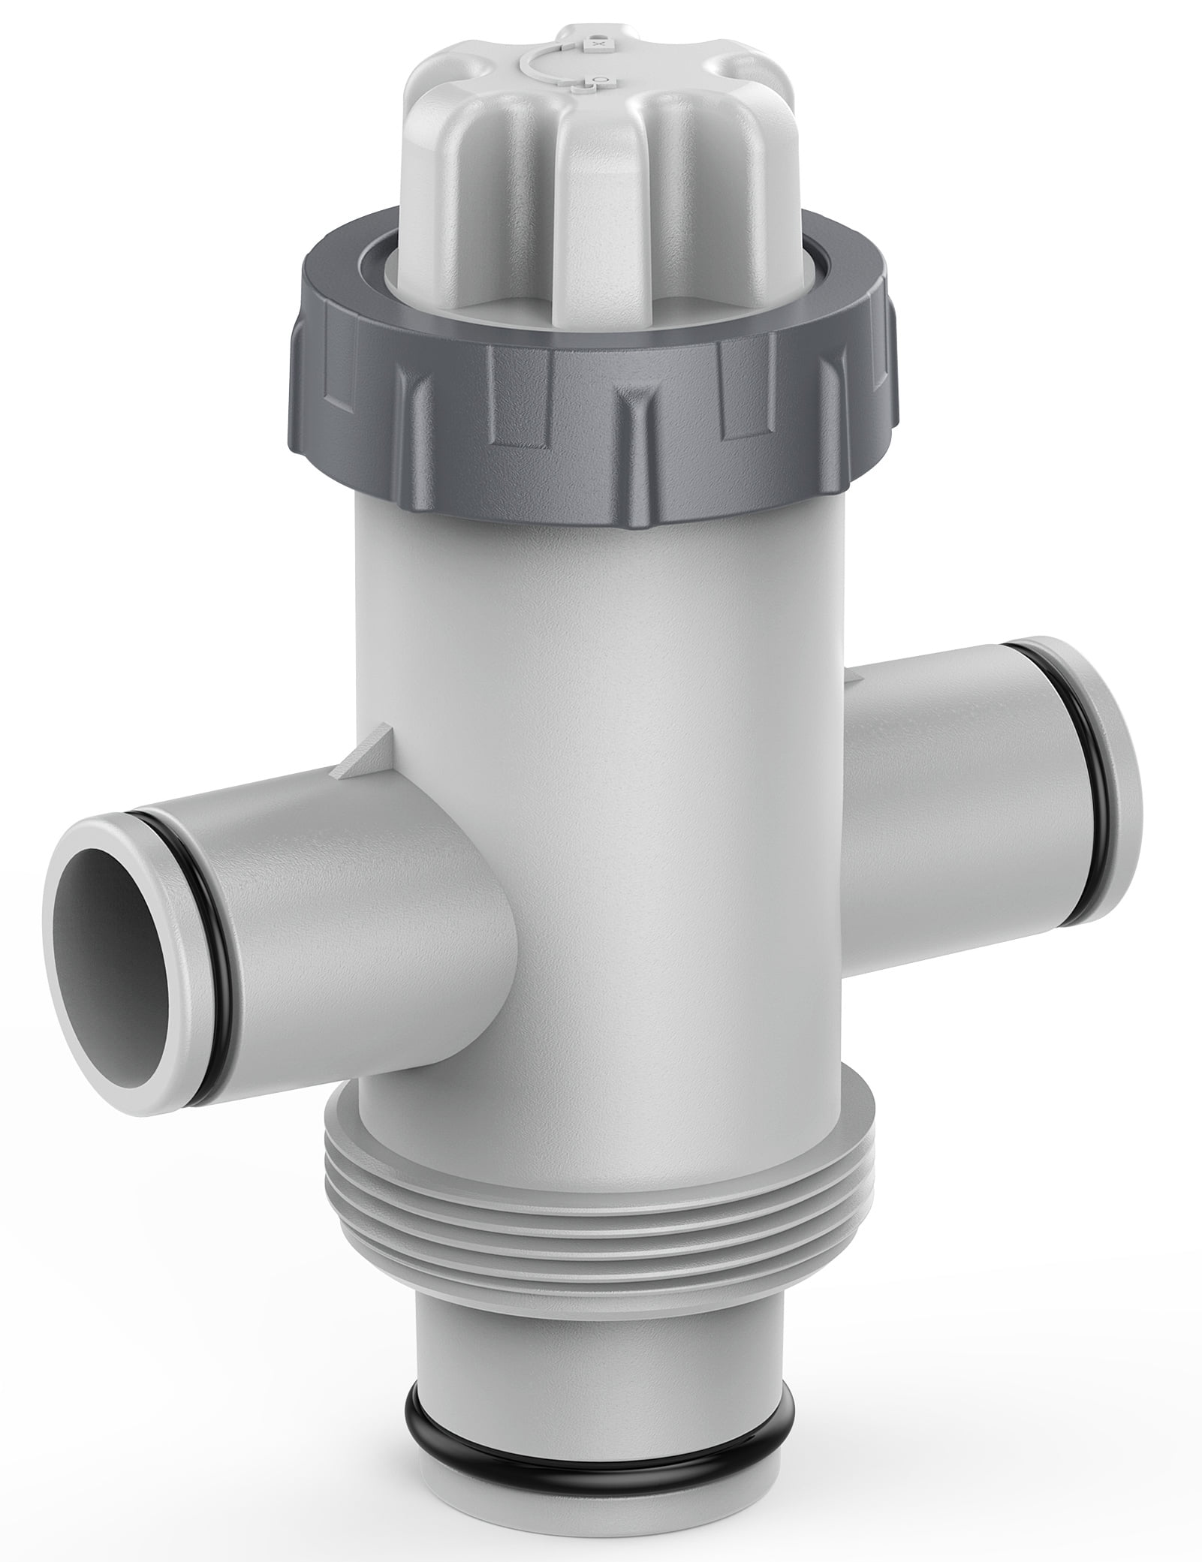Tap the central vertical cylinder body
[601, 826]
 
